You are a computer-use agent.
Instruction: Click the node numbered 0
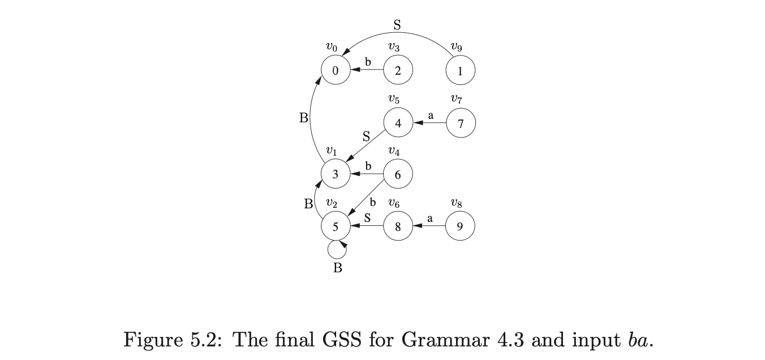click(x=336, y=71)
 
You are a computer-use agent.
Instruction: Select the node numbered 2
click(x=398, y=71)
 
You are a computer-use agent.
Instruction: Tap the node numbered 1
click(x=460, y=71)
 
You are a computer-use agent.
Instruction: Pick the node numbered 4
click(x=398, y=123)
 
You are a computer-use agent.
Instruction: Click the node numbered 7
click(x=461, y=123)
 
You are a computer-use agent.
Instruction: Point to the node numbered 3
click(x=336, y=174)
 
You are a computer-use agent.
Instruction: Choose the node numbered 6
click(x=398, y=174)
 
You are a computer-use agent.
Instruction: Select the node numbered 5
click(x=336, y=226)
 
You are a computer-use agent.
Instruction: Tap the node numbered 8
click(x=398, y=226)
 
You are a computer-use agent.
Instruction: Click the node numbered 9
click(x=460, y=226)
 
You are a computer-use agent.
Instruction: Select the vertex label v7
click(x=457, y=100)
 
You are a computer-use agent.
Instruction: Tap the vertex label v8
click(x=457, y=203)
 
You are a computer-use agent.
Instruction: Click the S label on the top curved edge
click(x=397, y=24)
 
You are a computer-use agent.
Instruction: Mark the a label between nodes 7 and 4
click(x=431, y=115)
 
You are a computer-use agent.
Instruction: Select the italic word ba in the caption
click(x=639, y=340)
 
